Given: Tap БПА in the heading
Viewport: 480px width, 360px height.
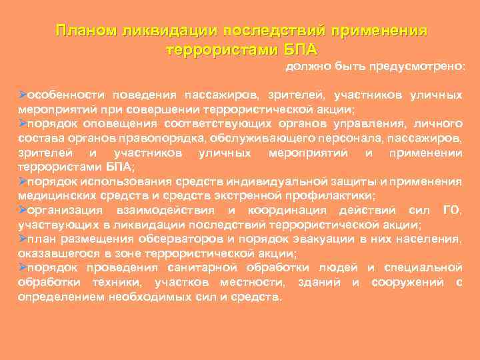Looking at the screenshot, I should coord(301,49).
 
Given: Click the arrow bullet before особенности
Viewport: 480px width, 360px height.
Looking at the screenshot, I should coord(21,95).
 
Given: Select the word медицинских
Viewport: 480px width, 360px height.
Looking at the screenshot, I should coord(52,195).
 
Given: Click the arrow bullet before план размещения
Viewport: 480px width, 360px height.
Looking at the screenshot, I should coord(21,239).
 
